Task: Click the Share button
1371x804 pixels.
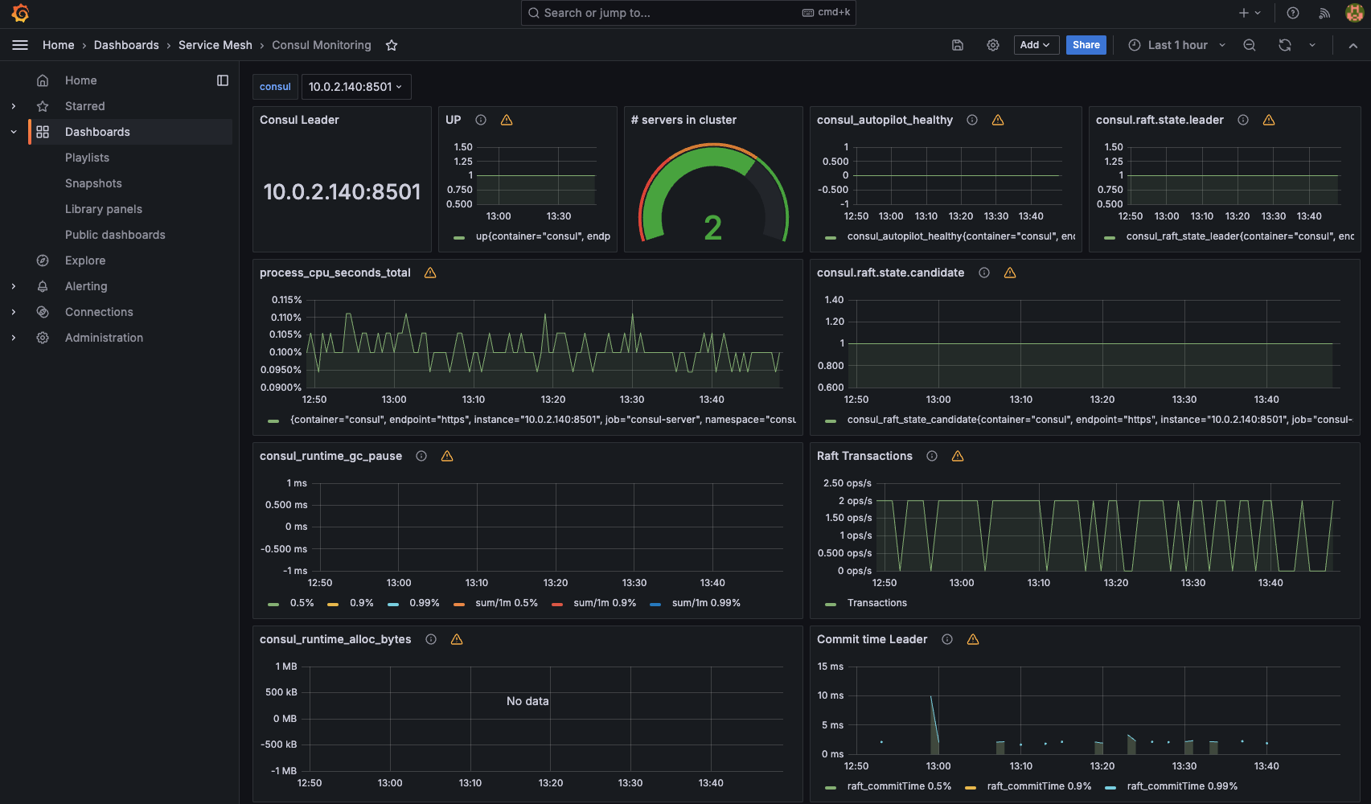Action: pos(1086,45)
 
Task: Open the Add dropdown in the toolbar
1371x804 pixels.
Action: pos(1035,45)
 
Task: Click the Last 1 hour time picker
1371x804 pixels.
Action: pos(1176,45)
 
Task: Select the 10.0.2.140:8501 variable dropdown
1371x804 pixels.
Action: pos(355,87)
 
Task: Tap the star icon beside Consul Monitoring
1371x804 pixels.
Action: pos(392,45)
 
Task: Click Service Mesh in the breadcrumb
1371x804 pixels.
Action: pos(215,45)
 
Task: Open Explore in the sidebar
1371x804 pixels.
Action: pos(85,260)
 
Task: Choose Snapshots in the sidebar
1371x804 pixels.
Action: pos(93,183)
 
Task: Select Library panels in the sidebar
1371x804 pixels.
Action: pos(104,209)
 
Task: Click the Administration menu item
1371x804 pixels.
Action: pos(104,338)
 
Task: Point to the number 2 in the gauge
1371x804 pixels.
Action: pos(712,228)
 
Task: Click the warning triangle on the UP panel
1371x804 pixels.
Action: pos(507,120)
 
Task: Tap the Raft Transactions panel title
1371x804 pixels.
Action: pos(864,456)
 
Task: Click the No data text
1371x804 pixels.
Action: pos(527,701)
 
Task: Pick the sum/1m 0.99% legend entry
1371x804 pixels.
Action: pos(705,603)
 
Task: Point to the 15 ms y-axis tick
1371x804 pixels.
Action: pos(831,667)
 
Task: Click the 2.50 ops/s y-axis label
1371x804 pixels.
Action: pos(847,483)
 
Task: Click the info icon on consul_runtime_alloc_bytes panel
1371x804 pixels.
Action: pos(431,639)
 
